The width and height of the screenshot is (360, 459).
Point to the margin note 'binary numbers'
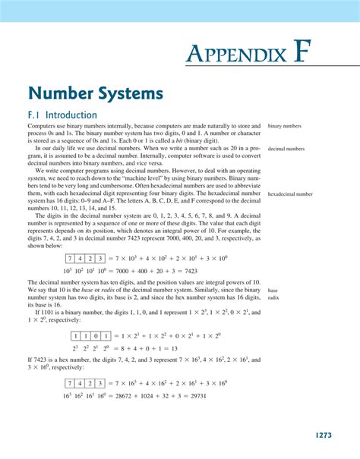click(285, 126)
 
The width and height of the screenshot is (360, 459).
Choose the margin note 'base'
click(273, 290)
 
